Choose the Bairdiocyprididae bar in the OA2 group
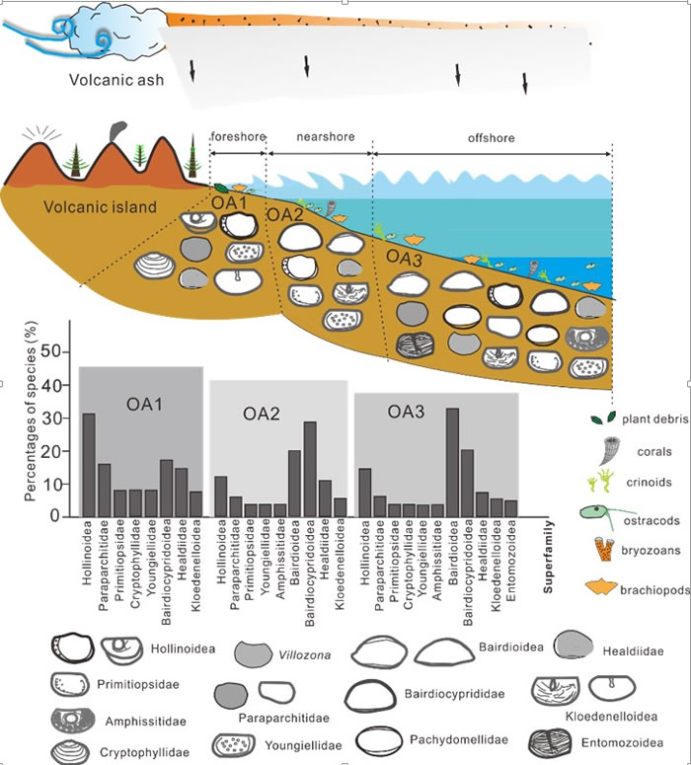(310, 469)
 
